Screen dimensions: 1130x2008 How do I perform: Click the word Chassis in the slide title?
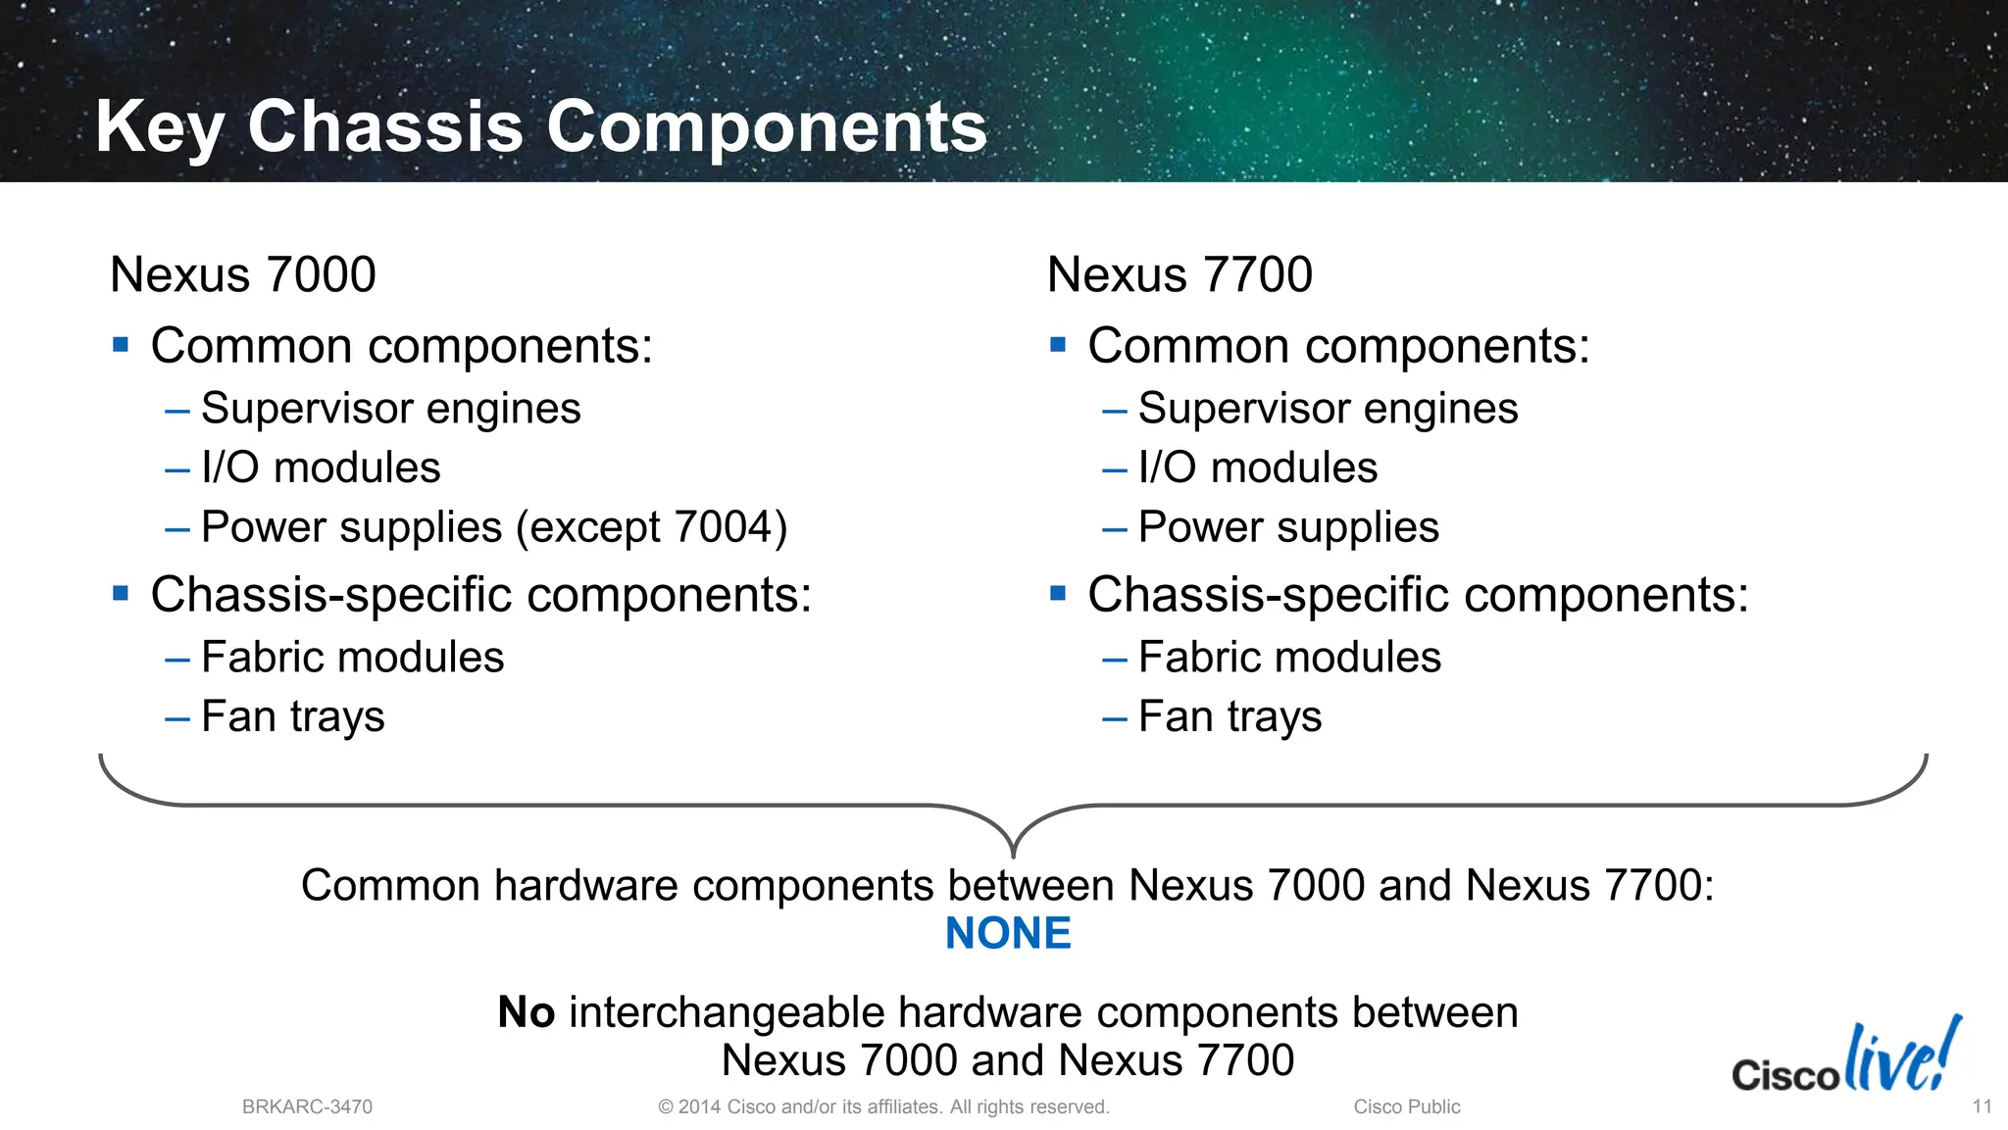coord(384,127)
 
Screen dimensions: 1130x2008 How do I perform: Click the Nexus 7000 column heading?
coord(243,274)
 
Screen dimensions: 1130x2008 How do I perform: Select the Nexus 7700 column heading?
coord(1180,274)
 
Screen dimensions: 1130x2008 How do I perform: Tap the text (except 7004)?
coord(652,528)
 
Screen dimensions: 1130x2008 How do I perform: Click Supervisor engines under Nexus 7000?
coord(390,409)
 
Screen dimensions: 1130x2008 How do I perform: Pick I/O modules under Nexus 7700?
coord(1257,468)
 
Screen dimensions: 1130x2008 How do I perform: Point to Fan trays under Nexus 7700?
coord(1230,717)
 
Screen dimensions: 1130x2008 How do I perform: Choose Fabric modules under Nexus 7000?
coord(352,658)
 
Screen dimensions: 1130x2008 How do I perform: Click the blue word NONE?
coord(1007,933)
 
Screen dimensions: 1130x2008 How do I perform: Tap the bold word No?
coord(527,1012)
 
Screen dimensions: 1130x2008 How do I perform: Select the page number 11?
coord(1982,1106)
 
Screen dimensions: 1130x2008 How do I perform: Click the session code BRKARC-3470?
coord(307,1107)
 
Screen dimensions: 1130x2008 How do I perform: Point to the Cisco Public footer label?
coord(1406,1107)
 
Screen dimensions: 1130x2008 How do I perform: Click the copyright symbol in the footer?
coord(666,1107)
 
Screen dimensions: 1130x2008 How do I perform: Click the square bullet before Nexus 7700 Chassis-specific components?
coord(1057,593)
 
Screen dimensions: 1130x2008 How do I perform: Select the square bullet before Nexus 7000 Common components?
coord(121,344)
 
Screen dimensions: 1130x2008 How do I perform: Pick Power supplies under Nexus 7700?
coord(1287,528)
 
